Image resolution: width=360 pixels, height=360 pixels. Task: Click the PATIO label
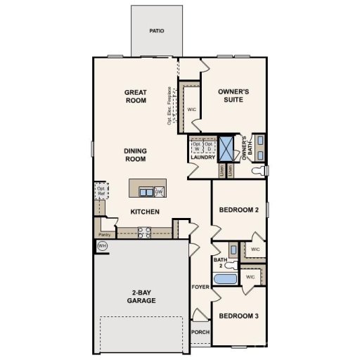[156, 31]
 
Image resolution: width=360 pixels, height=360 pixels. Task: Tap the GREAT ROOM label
[135, 96]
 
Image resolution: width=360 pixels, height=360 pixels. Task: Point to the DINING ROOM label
[135, 155]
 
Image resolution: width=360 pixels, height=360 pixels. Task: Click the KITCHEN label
[144, 212]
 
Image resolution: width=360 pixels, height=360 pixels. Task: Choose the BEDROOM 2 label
[240, 210]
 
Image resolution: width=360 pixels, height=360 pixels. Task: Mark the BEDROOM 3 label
[239, 316]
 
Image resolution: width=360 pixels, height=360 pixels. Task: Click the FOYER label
[200, 288]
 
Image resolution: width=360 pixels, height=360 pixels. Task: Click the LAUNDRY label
[202, 157]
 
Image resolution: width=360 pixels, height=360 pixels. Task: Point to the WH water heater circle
[102, 245]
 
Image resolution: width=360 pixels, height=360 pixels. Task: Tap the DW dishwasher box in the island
[159, 191]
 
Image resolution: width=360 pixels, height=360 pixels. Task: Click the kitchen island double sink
[146, 191]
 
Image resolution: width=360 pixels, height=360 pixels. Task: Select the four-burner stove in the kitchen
[146, 231]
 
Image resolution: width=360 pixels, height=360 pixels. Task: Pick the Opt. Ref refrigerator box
[101, 191]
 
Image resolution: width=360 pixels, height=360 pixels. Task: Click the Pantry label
[105, 234]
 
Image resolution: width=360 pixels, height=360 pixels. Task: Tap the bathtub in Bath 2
[226, 281]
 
